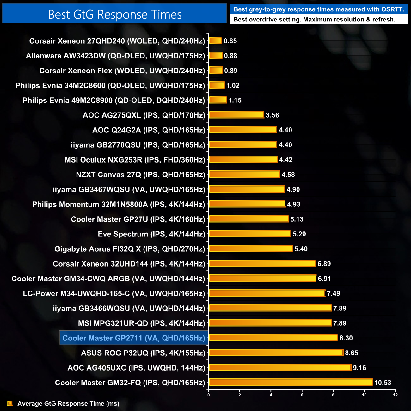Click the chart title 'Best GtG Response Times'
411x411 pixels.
click(x=115, y=15)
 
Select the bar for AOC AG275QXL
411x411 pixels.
click(x=236, y=115)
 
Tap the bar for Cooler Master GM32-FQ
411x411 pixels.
click(x=291, y=382)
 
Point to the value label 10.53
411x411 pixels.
click(x=383, y=383)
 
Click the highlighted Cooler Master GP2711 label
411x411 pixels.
click(x=134, y=338)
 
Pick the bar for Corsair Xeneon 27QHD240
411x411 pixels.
click(x=216, y=40)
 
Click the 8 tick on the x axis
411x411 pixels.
click(x=333, y=395)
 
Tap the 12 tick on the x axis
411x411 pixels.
click(x=395, y=395)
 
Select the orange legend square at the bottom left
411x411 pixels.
click(x=10, y=403)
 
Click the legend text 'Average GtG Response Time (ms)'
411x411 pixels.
click(x=68, y=403)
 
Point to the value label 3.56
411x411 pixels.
click(x=272, y=115)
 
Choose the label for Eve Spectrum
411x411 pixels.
click(x=151, y=234)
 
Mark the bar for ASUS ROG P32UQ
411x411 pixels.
click(x=276, y=353)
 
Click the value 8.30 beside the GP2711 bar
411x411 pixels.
click(x=346, y=338)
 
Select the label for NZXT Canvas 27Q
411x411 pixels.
click(x=140, y=175)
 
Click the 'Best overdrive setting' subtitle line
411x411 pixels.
click(x=314, y=19)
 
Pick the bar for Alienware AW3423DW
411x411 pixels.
click(x=216, y=55)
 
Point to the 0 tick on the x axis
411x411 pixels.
click(x=209, y=395)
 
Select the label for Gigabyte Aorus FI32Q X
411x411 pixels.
click(x=130, y=249)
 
